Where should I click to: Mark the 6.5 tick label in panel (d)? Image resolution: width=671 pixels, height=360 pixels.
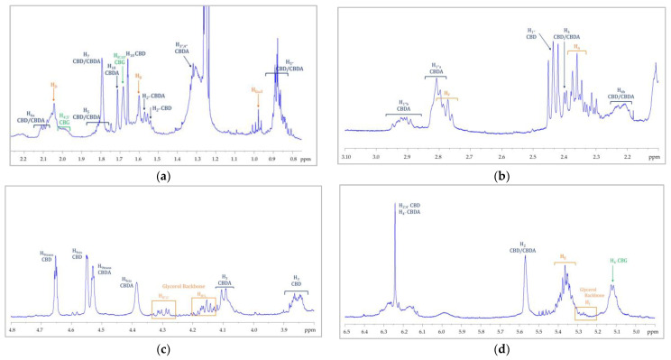(x=346, y=331)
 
